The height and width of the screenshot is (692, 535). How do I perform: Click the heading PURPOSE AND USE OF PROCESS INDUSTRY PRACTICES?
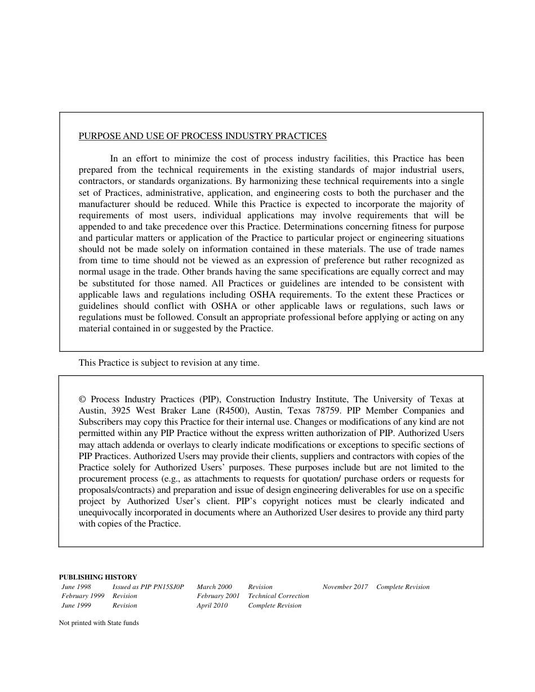[202, 136]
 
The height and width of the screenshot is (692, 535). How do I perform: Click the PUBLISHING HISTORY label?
[98, 577]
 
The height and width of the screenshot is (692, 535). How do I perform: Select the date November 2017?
[345, 587]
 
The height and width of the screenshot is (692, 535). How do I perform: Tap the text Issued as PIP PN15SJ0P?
[148, 587]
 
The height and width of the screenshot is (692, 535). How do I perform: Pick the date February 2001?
[218, 596]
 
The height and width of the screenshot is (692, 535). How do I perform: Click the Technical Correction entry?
[278, 596]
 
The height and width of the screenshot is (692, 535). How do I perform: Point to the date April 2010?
[212, 605]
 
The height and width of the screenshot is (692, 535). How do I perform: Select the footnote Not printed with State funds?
[99, 623]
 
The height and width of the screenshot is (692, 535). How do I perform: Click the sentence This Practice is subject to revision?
[169, 363]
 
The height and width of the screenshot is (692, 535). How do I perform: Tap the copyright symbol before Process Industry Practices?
[82, 399]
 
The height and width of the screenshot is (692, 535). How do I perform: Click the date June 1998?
[76, 587]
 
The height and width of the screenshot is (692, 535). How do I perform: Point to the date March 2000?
[214, 587]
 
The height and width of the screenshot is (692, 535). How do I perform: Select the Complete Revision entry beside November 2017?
[403, 587]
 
